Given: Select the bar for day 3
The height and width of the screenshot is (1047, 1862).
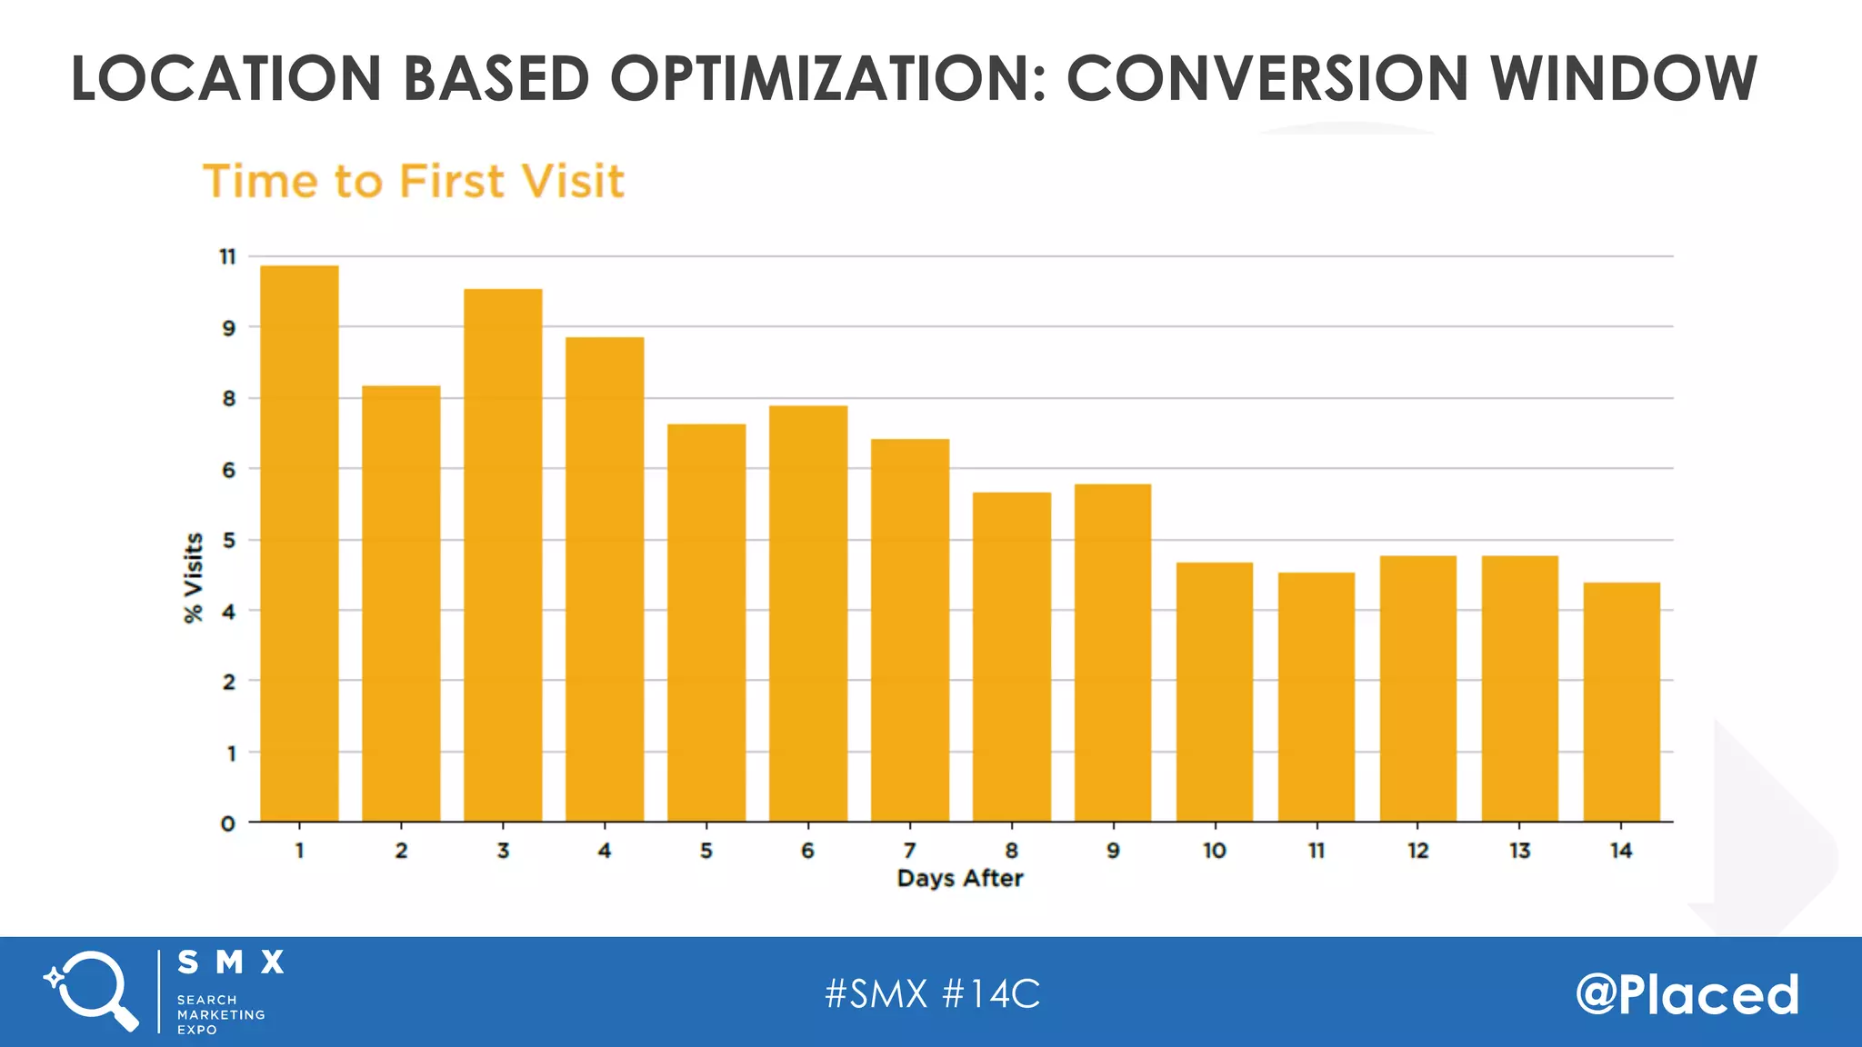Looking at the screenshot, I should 503,555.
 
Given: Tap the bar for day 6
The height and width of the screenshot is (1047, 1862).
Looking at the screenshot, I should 808,613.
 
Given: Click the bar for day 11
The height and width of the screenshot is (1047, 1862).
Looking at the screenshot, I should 1316,697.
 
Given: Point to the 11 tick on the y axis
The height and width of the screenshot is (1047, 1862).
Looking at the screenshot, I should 227,257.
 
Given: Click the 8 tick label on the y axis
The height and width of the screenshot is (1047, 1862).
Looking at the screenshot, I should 228,399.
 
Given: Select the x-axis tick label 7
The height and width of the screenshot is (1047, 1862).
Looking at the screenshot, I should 909,851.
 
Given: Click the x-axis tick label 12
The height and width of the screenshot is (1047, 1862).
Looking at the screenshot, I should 1418,851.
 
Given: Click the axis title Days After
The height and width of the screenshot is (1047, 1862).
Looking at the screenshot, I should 960,878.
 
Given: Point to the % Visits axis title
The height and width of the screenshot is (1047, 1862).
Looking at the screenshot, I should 193,578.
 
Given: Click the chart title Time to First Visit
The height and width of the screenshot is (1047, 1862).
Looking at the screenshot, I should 414,181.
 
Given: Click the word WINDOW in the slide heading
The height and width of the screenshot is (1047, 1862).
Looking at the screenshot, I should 1623,78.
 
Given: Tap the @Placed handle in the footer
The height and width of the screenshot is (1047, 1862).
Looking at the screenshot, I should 1687,993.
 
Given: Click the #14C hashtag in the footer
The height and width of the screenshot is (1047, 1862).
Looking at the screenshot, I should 991,993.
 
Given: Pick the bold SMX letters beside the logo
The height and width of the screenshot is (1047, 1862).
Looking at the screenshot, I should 231,962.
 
